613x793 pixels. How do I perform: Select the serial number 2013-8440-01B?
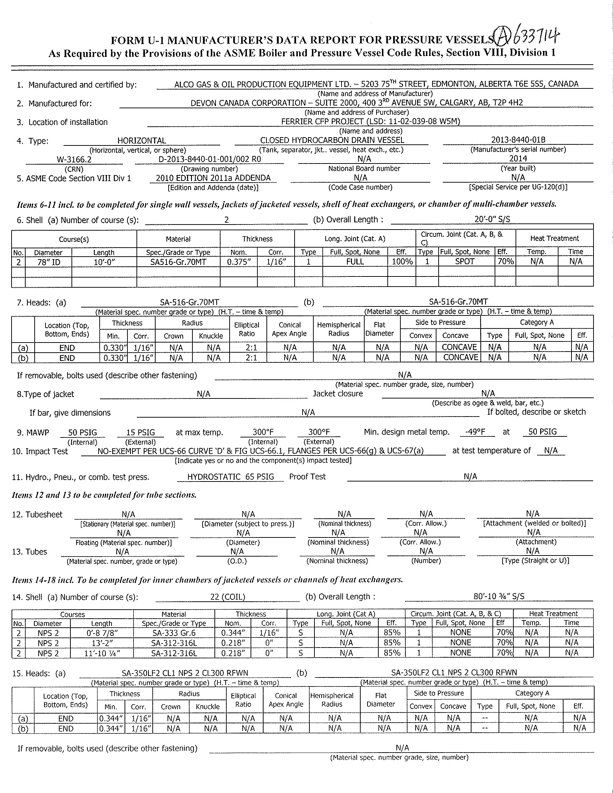click(518, 140)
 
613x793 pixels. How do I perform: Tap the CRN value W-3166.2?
click(74, 159)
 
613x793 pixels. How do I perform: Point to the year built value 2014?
click(518, 159)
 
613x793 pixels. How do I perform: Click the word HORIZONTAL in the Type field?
click(141, 141)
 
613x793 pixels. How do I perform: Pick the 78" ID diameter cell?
click(49, 262)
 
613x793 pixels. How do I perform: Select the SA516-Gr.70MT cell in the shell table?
click(178, 262)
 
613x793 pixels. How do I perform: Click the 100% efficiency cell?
click(402, 261)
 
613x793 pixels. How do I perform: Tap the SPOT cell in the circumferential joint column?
click(465, 261)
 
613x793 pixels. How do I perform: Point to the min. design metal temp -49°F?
click(475, 432)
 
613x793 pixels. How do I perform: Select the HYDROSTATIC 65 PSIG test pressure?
click(230, 477)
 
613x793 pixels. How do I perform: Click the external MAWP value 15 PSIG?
click(140, 432)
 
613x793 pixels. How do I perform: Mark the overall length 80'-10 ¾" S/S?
click(499, 596)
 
